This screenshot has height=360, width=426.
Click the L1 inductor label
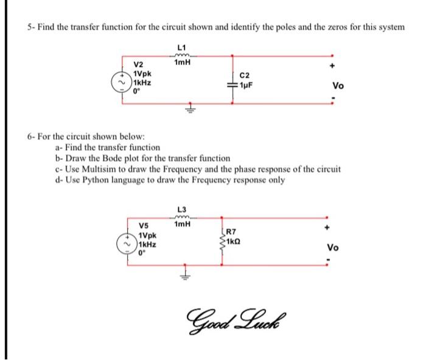[x=181, y=47]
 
